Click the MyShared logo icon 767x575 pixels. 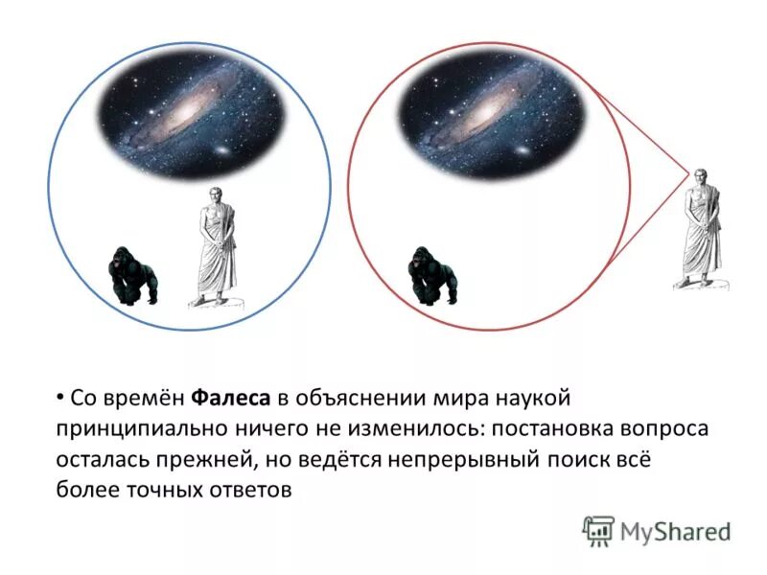click(x=598, y=530)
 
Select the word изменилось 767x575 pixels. click(x=365, y=427)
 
